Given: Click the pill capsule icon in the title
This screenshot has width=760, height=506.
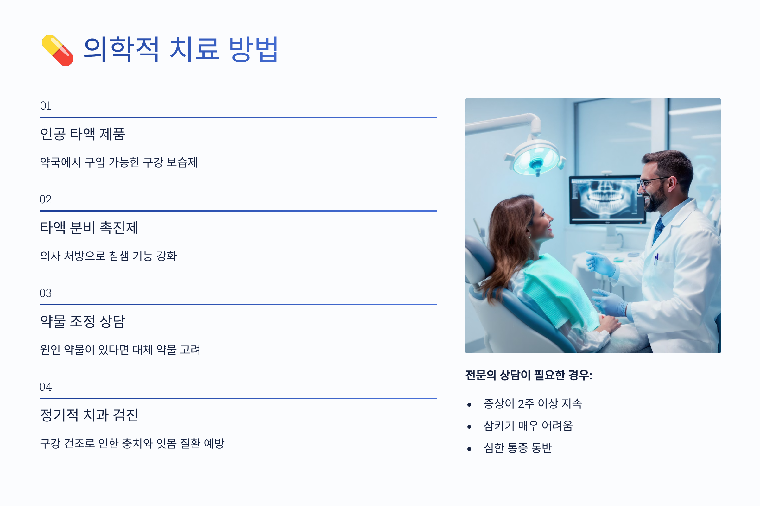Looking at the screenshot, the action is (57, 50).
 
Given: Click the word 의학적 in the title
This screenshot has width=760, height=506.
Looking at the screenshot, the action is (121, 49).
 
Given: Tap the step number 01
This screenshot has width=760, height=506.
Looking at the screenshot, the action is (46, 106).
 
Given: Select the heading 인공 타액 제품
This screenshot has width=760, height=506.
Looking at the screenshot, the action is (82, 134).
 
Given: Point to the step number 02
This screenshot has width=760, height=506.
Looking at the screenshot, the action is (46, 199).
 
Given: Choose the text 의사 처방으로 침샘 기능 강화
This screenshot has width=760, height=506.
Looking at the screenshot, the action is (108, 256).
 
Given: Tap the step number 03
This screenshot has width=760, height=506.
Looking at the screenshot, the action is (46, 293).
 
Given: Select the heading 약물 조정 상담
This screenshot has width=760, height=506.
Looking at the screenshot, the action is (82, 321).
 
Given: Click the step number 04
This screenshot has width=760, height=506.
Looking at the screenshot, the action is (46, 387).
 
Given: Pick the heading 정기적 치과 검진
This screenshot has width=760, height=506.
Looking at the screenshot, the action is (89, 415).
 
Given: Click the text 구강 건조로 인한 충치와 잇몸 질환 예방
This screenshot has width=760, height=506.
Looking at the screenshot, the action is (132, 443).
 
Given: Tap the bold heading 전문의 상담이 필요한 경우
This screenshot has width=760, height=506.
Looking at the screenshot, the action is (529, 375).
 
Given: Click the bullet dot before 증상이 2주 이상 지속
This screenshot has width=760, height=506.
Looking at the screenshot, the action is (469, 405).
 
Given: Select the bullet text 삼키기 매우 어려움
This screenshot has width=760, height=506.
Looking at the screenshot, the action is (528, 426).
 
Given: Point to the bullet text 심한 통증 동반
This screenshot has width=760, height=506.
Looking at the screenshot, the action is (518, 448).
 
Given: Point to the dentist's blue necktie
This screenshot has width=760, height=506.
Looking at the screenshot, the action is (658, 230).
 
